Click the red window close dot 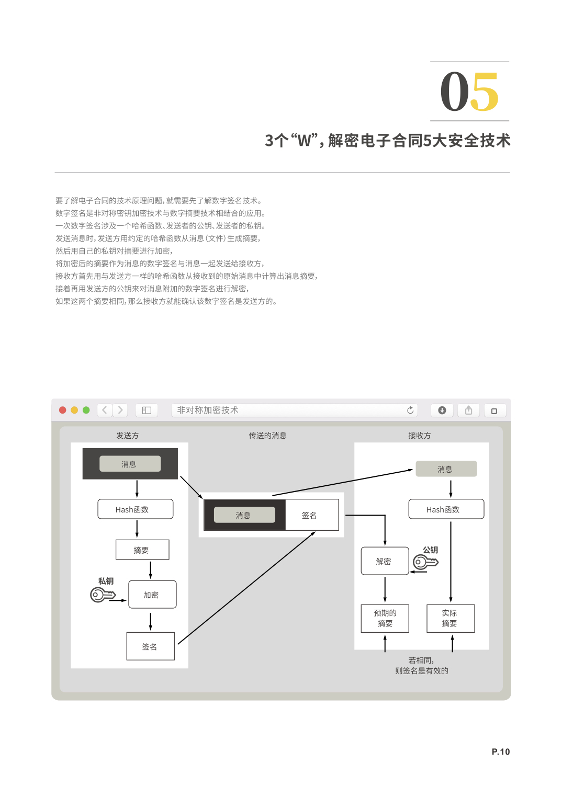(63, 410)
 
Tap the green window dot (86, 410)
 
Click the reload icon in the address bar (410, 410)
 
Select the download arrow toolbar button (442, 410)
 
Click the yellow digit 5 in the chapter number (485, 92)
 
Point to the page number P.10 (500, 751)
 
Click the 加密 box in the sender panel (152, 595)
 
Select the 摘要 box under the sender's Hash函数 (142, 550)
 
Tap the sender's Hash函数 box (136, 509)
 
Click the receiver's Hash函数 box (446, 509)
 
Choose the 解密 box (385, 561)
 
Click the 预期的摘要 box (385, 618)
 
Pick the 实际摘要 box (451, 618)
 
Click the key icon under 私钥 (102, 595)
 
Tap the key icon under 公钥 (425, 562)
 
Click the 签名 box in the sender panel (150, 646)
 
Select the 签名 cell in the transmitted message (311, 515)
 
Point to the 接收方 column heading (419, 435)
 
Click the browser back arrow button (104, 410)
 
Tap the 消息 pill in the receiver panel (446, 469)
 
